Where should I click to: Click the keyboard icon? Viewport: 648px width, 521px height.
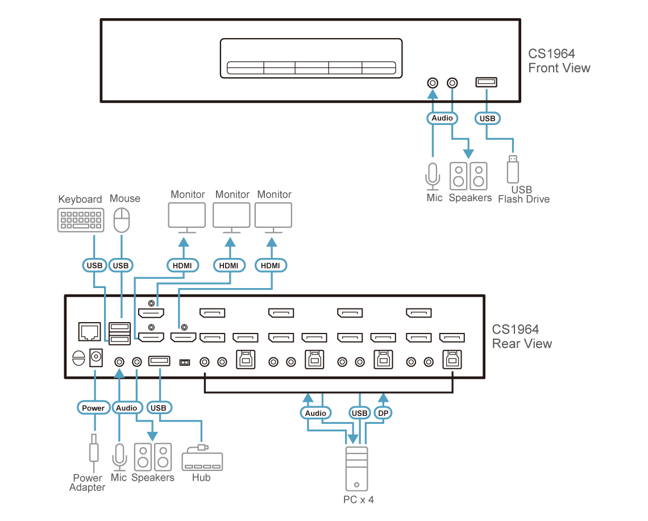[x=81, y=220]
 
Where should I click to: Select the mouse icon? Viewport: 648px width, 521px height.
[x=122, y=220]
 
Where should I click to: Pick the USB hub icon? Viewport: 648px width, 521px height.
[x=202, y=459]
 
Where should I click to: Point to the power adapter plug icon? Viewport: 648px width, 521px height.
[x=93, y=449]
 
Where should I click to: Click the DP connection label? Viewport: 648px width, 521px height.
[x=383, y=413]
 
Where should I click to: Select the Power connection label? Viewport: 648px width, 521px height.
[x=93, y=408]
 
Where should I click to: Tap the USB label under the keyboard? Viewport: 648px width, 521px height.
[x=94, y=265]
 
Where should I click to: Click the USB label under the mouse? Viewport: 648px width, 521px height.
[x=121, y=265]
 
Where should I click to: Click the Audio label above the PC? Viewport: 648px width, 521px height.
[x=316, y=413]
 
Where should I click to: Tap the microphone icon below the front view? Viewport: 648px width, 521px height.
[x=433, y=176]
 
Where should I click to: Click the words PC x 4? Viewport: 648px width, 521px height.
[x=359, y=499]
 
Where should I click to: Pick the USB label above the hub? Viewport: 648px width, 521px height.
[x=159, y=408]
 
